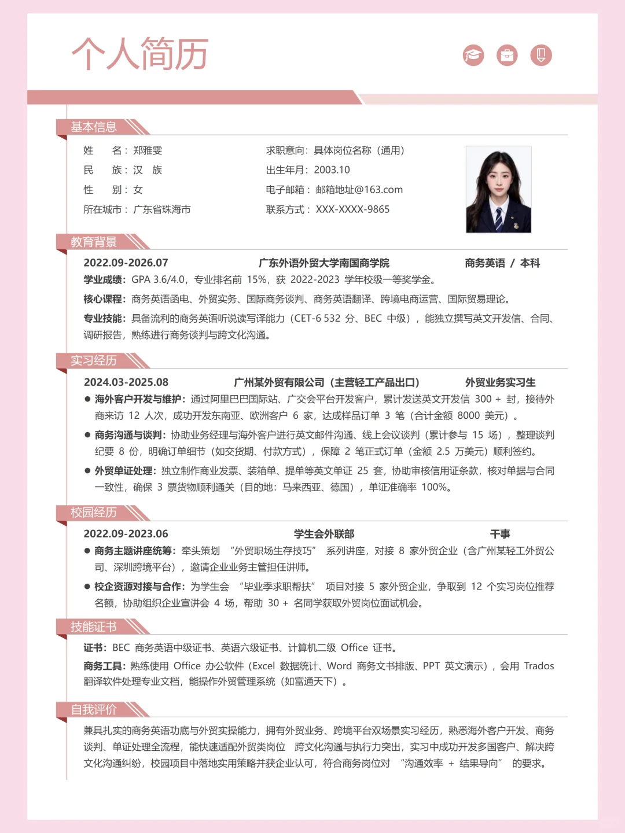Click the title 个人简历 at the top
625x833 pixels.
coord(139,54)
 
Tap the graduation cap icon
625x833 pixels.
coord(473,55)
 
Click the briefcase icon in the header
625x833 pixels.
coord(507,55)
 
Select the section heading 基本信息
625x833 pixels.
coord(94,127)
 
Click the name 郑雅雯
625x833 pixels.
coord(148,150)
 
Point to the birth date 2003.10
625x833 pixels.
coord(332,170)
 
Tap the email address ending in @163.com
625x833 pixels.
coord(359,190)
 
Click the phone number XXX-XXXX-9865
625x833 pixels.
coord(352,209)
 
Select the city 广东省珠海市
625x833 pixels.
coord(162,209)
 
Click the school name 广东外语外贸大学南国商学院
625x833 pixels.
coord(323,263)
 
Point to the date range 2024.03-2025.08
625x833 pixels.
coord(126,382)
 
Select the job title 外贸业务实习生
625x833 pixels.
coord(500,382)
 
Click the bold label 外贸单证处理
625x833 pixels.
coord(124,471)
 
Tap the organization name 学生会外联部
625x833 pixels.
coord(323,534)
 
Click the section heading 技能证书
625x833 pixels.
coord(94,627)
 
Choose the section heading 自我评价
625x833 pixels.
coord(94,710)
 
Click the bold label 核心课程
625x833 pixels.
coord(104,299)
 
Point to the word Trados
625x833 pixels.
coord(539,666)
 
